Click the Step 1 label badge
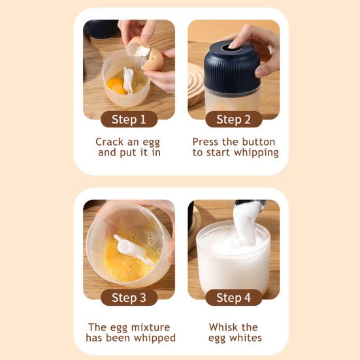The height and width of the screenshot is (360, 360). [129, 119]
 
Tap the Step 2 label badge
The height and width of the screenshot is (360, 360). [233, 119]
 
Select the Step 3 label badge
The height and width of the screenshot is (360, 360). [129, 298]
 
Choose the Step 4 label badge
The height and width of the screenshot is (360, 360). [233, 298]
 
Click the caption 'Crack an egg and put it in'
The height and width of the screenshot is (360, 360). [128, 147]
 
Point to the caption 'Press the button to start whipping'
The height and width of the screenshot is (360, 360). [234, 147]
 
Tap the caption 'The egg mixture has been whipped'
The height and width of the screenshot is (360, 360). [130, 333]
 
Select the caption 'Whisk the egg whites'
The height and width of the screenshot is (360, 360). [235, 333]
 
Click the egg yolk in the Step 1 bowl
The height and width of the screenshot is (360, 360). [115, 84]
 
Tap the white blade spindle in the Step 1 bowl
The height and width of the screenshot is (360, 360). [128, 80]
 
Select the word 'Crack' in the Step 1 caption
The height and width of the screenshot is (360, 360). [110, 142]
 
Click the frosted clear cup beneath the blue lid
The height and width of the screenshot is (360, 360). [233, 98]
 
